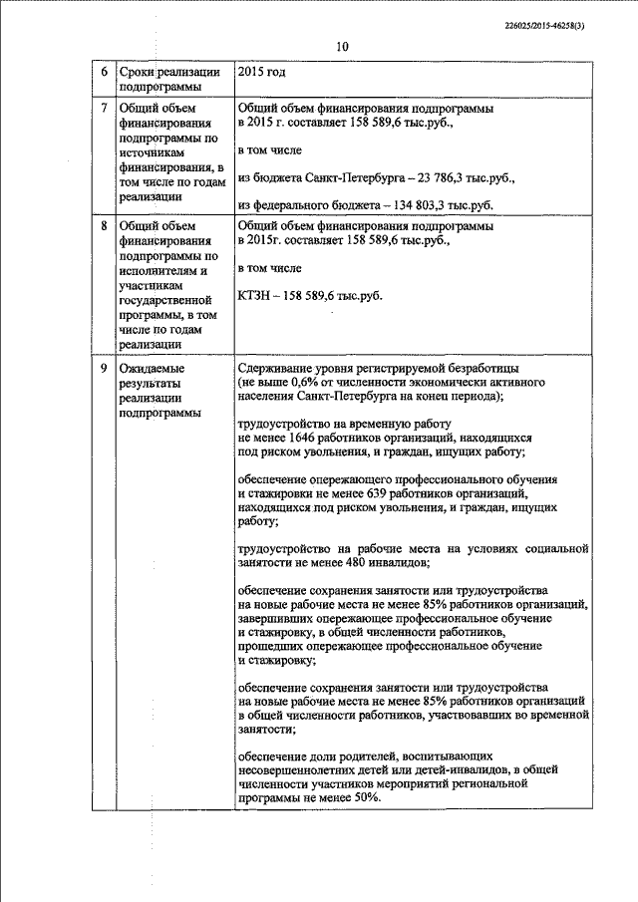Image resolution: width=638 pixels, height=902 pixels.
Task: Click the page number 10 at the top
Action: coord(343,47)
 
